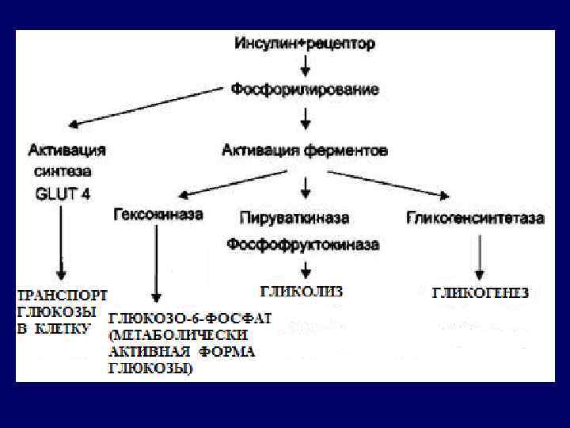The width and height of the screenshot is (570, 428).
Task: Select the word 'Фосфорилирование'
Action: tap(305, 90)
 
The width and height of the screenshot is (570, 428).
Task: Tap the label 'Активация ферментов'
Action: tap(305, 149)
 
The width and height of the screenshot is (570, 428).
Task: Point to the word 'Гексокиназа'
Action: tap(158, 215)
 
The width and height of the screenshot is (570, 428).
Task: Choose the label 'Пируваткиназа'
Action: tap(294, 216)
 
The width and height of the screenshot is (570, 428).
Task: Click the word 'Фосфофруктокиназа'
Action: tap(303, 245)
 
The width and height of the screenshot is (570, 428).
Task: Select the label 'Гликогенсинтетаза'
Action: tap(476, 216)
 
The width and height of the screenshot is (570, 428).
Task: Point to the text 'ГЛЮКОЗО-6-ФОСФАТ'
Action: tap(190, 319)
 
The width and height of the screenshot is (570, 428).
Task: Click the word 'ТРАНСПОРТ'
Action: tap(63, 294)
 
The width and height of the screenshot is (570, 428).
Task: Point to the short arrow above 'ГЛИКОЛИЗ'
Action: tap(305, 269)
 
